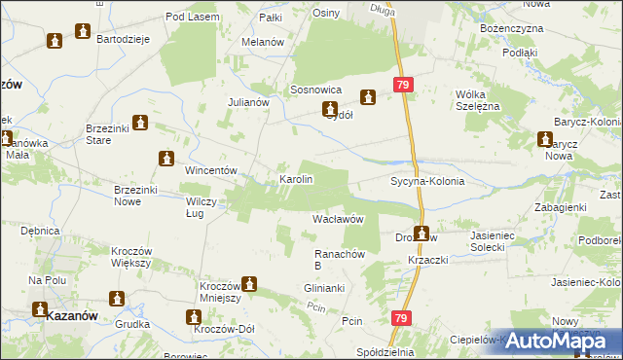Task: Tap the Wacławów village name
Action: click(x=338, y=220)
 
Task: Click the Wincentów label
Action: click(x=211, y=170)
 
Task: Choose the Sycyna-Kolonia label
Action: click(x=427, y=182)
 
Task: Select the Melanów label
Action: click(x=263, y=43)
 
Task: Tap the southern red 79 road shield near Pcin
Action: click(x=402, y=318)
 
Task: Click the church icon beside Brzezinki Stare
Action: click(x=139, y=124)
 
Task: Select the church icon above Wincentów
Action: click(x=166, y=158)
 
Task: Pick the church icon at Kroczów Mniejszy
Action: click(x=249, y=284)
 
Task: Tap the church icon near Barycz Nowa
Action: click(x=543, y=139)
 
